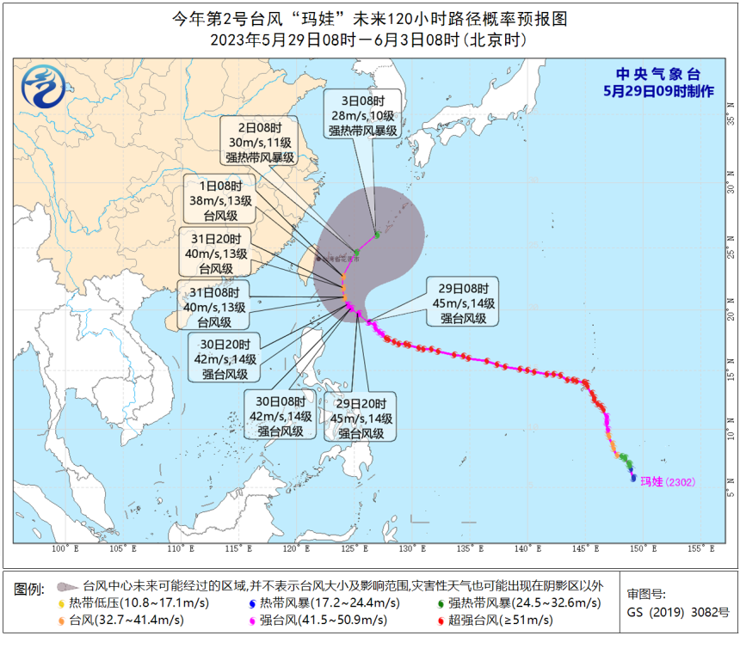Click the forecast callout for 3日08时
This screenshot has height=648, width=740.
click(x=362, y=116)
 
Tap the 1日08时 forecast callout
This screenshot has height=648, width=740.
click(x=224, y=200)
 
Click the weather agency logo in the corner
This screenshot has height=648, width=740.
click(x=42, y=86)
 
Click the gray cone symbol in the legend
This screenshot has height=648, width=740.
click(x=65, y=586)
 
